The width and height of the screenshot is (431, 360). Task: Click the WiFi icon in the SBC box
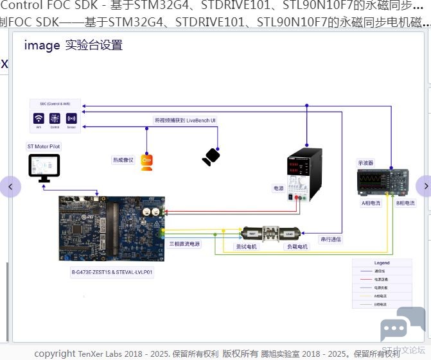pos(39,119)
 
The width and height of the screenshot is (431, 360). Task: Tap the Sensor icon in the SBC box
pos(71,119)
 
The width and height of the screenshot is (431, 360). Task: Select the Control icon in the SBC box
pos(55,119)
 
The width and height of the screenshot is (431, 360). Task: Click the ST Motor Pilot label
pos(44,147)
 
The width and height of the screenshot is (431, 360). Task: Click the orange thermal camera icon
pos(146,162)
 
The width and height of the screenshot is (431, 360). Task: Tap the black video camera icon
pos(211,157)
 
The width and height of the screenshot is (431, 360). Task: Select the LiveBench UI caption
pos(185,120)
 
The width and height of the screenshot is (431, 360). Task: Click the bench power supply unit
pos(304,173)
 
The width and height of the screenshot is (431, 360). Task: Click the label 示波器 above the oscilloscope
pos(366,163)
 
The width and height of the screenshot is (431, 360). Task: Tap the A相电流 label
pos(371,203)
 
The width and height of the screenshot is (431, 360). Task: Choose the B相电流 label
pos(405,203)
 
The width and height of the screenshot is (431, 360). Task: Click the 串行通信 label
pos(331,239)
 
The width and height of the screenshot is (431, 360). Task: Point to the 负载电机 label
pos(297,246)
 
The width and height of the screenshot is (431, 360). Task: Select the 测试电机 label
pos(246,246)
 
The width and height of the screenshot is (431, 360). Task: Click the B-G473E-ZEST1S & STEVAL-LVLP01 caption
pos(112,273)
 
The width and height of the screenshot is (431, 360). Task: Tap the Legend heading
pos(382,263)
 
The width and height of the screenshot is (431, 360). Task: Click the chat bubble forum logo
pos(403,323)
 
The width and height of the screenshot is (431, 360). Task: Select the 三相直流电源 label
pos(184,244)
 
